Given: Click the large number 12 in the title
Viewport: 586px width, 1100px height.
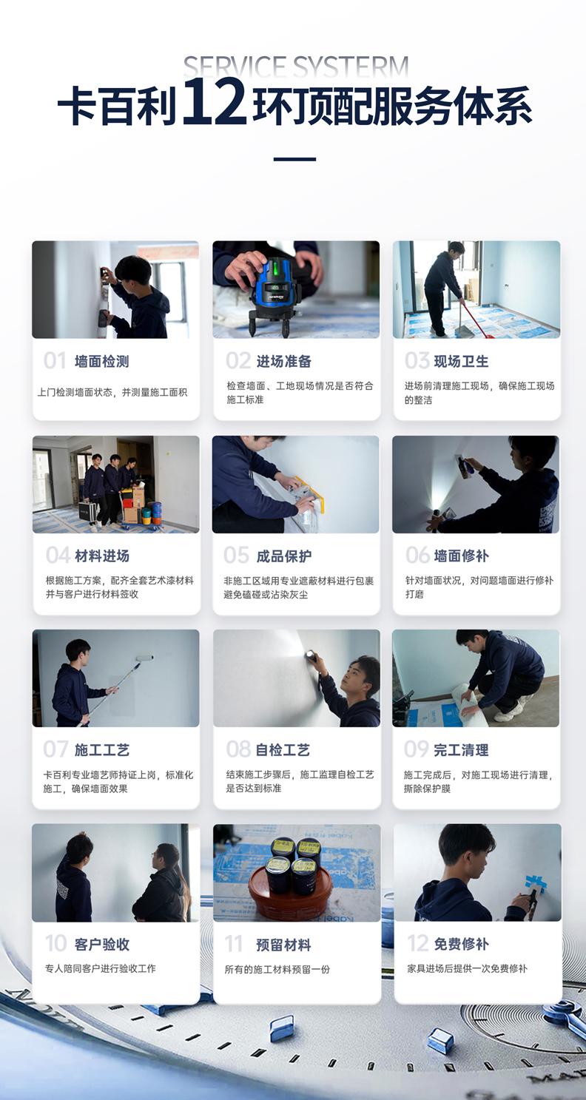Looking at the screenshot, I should pyautogui.click(x=214, y=103).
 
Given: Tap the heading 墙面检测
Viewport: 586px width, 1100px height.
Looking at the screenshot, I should pyautogui.click(x=101, y=362).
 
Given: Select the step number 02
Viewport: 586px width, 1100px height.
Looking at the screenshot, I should pyautogui.click(x=238, y=361).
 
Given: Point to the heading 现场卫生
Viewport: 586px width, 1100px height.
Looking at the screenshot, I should pyautogui.click(x=461, y=361).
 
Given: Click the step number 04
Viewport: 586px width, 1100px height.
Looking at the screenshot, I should pyautogui.click(x=58, y=556).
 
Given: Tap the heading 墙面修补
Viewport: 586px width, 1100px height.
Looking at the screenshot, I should pyautogui.click(x=461, y=556).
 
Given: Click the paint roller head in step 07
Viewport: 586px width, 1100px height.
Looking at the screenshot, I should pyautogui.click(x=145, y=658).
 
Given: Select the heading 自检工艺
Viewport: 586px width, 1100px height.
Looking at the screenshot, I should pyautogui.click(x=283, y=750).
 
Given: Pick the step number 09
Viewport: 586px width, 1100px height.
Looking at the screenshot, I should pyautogui.click(x=416, y=749).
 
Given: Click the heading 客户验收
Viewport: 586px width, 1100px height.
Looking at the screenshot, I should pyautogui.click(x=101, y=944).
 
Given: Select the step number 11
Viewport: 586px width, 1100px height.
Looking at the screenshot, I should pyautogui.click(x=234, y=945).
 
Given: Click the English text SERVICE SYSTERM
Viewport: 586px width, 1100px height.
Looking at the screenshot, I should pyautogui.click(x=295, y=67).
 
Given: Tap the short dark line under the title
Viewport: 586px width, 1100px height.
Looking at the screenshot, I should pyautogui.click(x=294, y=159).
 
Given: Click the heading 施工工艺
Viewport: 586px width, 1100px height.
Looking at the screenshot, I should pyautogui.click(x=101, y=750).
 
